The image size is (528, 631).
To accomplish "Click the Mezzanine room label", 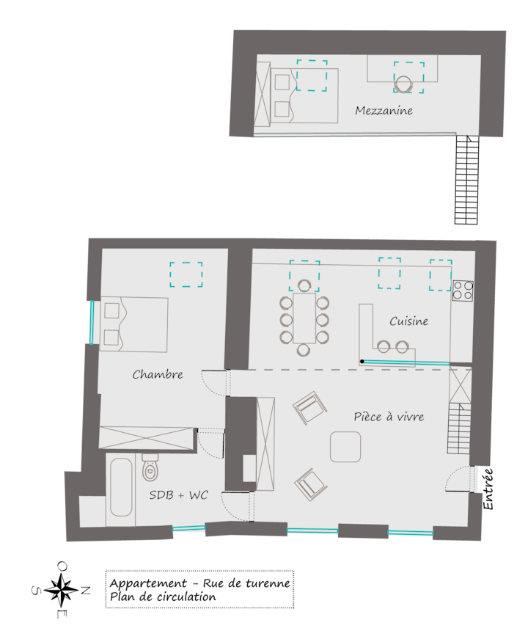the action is tap(384, 111).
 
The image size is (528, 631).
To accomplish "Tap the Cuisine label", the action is tap(408, 321).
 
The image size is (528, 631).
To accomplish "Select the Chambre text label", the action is tap(158, 374).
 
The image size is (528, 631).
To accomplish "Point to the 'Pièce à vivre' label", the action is tap(389, 417).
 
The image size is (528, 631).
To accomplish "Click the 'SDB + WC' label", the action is tap(178, 495).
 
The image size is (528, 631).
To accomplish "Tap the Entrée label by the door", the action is tap(488, 489).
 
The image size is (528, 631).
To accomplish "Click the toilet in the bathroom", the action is tap(150, 467).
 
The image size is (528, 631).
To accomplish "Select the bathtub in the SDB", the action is tap(121, 487).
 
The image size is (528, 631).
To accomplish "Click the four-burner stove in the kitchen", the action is tap(463, 291).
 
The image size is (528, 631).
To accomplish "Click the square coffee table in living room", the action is tap(345, 447).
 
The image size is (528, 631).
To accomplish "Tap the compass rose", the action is tap(61, 591).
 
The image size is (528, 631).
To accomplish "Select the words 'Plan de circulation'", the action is tap(163, 597).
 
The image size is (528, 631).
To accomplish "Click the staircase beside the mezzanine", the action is tap(467, 180).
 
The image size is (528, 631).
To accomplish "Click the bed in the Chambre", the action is tap(134, 324).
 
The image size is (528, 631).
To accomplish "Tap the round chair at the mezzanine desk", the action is tap(403, 84).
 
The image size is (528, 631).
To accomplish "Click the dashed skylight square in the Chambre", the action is tap(186, 274).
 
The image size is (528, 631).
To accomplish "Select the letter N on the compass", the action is tap(85, 591).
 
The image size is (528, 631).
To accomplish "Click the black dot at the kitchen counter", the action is tap(362, 362).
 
